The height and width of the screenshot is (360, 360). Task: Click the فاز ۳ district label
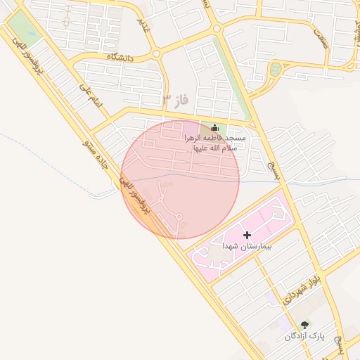click(x=176, y=100)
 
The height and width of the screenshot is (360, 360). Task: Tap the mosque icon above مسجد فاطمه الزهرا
click(x=214, y=128)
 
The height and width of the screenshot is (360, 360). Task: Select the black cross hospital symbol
click(x=247, y=234)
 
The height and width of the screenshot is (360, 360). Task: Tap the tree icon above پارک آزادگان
click(x=304, y=325)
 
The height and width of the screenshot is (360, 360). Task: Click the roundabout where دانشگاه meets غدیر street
click(x=156, y=53)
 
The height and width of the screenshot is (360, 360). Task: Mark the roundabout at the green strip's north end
click(x=217, y=29)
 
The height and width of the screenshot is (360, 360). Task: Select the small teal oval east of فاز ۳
click(x=275, y=69)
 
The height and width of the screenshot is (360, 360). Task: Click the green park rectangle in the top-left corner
click(x=23, y=30)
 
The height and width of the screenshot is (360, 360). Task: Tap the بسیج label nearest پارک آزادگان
click(x=341, y=344)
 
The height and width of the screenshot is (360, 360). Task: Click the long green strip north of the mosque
click(x=235, y=81)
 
